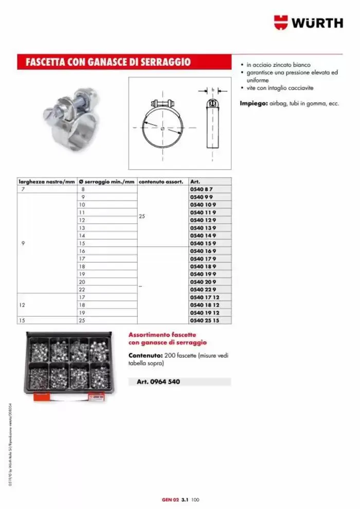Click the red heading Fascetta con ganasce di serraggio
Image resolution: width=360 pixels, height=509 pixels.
click(x=108, y=62)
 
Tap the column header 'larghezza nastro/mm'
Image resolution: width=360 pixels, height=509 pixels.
click(x=47, y=182)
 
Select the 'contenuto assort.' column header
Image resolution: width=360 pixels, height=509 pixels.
click(x=160, y=182)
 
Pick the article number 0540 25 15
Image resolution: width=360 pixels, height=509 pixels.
click(x=204, y=320)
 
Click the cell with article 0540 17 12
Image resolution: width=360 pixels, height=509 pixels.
click(x=204, y=297)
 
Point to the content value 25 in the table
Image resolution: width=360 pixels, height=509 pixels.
click(x=142, y=216)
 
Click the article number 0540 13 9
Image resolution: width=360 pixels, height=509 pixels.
click(x=203, y=228)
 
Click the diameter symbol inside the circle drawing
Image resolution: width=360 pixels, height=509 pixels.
click(x=163, y=128)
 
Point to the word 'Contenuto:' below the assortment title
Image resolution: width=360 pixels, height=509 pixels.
click(x=146, y=355)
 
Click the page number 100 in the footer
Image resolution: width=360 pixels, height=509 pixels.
click(x=195, y=499)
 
